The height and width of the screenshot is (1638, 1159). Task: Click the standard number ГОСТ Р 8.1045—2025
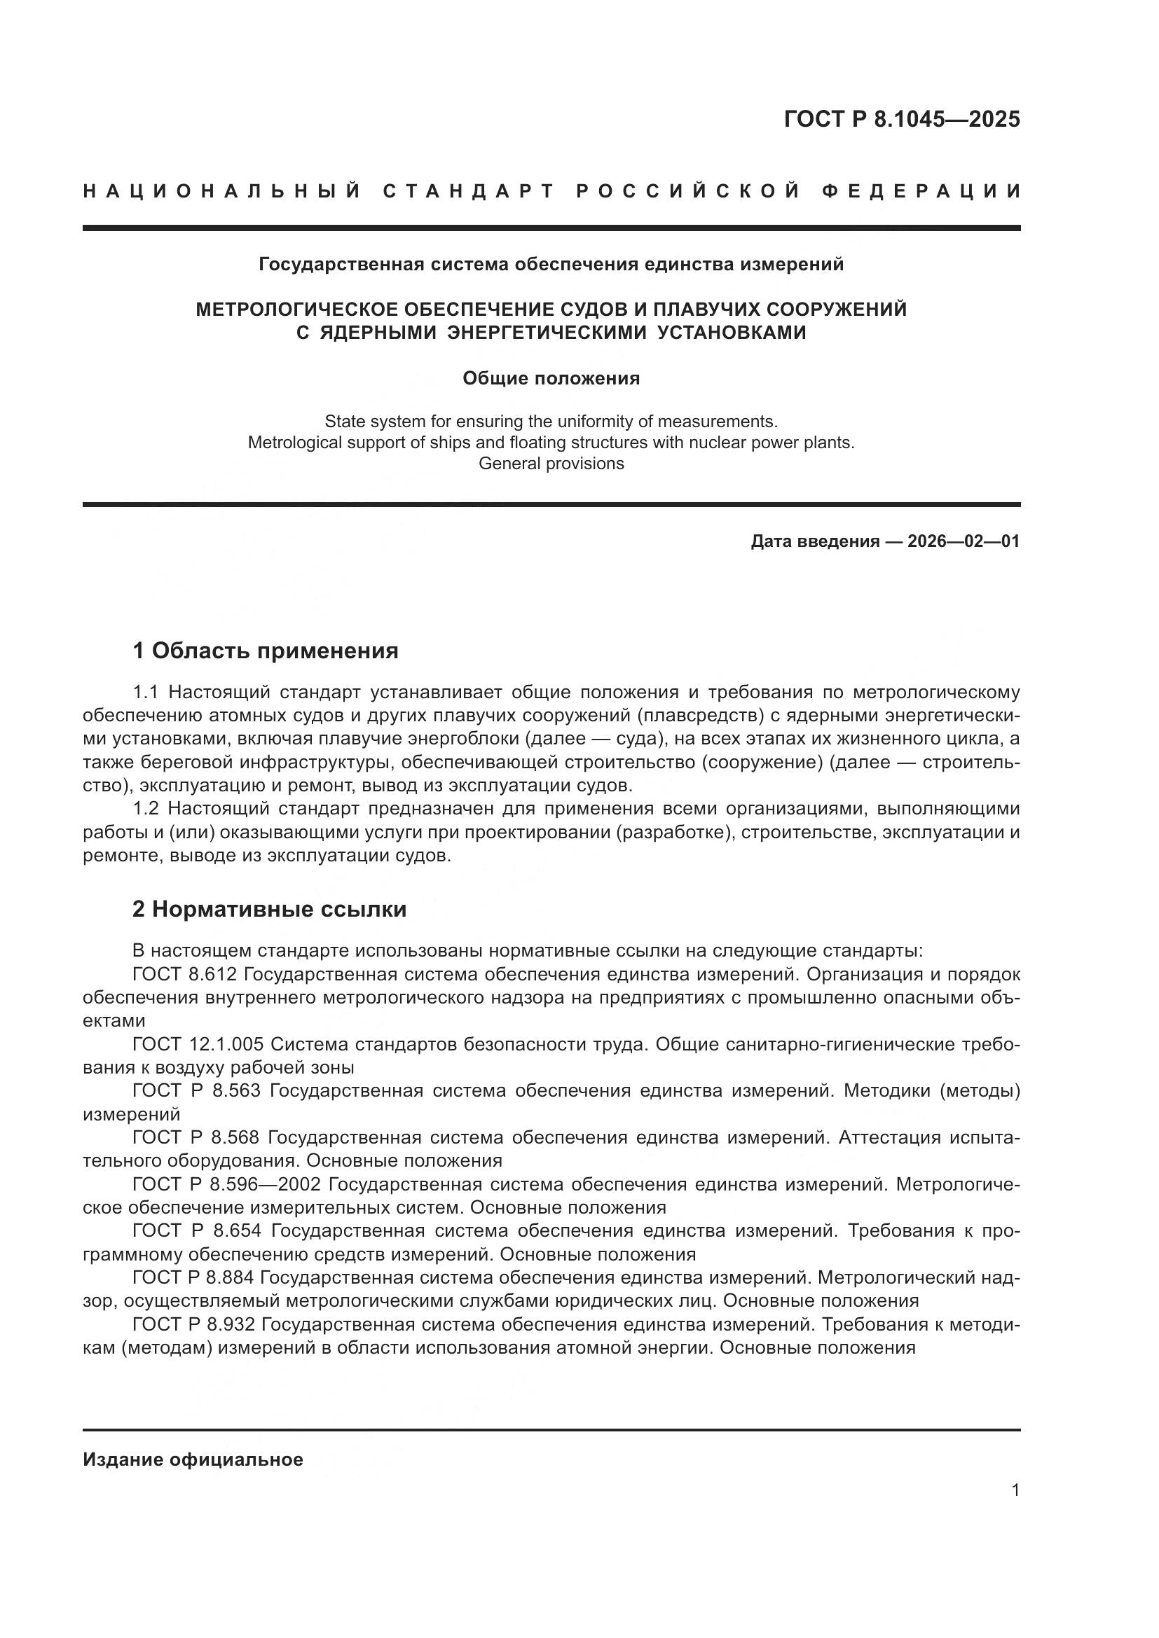tap(901, 119)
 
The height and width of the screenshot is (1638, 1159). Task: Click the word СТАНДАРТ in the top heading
tap(468, 191)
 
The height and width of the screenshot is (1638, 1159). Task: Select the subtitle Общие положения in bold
tap(551, 378)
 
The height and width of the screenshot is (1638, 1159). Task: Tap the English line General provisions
tap(551, 464)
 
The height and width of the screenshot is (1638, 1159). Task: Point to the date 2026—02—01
tap(963, 541)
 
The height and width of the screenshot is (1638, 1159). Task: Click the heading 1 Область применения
tap(266, 651)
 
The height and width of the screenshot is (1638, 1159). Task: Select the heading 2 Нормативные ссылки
tap(270, 910)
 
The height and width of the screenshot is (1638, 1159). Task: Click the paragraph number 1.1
tap(146, 692)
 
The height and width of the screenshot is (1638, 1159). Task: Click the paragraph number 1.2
tap(146, 808)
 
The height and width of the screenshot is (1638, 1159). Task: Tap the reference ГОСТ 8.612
tap(188, 975)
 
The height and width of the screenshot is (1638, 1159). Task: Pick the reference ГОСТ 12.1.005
tap(198, 1044)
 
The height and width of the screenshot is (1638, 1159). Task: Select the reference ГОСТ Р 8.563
tap(197, 1091)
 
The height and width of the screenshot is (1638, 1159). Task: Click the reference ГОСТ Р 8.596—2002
tap(226, 1184)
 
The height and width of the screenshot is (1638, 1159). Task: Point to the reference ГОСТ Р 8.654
tap(198, 1230)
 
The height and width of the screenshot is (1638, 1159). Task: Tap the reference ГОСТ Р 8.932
tap(193, 1324)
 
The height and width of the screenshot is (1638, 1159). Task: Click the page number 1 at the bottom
tap(1015, 1490)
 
